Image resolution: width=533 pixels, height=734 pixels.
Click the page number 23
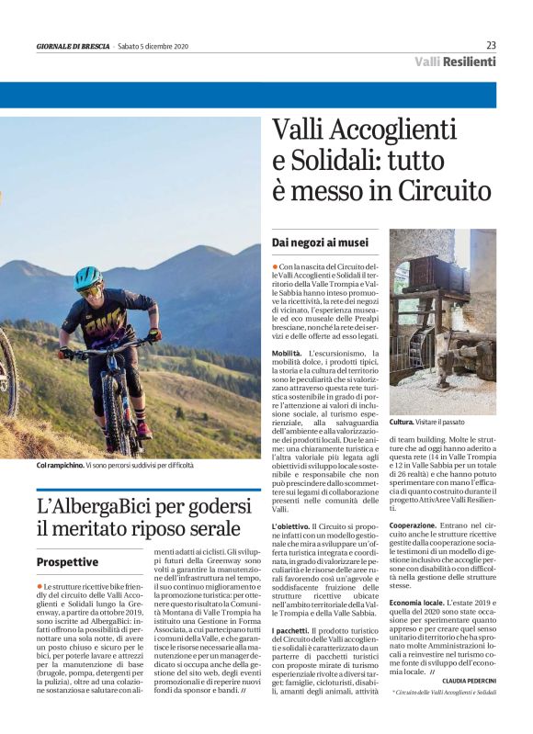coord(491,44)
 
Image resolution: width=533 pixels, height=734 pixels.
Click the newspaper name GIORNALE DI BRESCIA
coord(74,46)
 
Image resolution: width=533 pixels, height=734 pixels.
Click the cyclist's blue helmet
coord(88,277)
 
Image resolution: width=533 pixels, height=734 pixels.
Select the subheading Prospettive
coord(67,561)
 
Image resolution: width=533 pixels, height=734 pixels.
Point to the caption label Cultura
coord(402,421)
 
